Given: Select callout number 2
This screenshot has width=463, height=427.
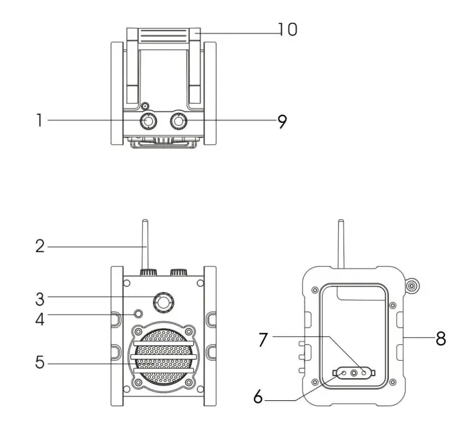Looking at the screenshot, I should click(x=40, y=246).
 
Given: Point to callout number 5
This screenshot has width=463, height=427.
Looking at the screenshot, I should click(x=40, y=362).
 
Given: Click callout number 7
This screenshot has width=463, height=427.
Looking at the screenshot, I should click(x=263, y=339).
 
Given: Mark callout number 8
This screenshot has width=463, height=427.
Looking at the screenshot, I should click(x=440, y=339).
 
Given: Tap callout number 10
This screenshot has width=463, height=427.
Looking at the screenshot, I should click(x=288, y=29).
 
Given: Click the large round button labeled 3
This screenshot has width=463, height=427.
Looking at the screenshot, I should click(x=163, y=302).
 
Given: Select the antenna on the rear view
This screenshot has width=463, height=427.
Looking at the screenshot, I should click(x=341, y=244).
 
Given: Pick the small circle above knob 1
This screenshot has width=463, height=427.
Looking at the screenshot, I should click(x=145, y=106).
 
